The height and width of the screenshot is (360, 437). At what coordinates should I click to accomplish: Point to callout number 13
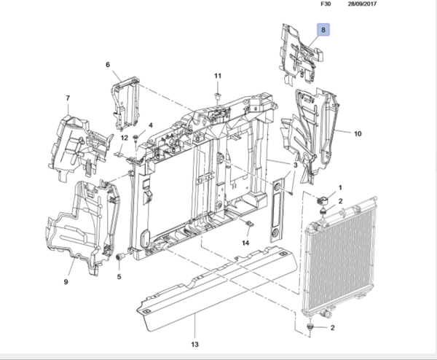click(194, 345)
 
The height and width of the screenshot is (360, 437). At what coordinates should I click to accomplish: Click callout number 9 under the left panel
click(65, 281)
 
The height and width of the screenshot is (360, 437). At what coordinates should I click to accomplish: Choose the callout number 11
click(217, 76)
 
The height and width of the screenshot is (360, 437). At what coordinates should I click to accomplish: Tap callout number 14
click(246, 243)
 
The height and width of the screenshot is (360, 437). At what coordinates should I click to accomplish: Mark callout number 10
click(358, 134)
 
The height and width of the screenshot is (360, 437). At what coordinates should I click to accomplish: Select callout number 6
click(108, 66)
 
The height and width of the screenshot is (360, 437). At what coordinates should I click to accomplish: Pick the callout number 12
click(125, 138)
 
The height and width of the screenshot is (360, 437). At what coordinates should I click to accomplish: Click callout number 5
click(119, 276)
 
